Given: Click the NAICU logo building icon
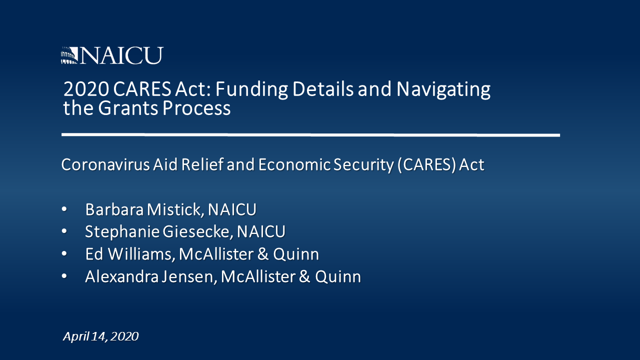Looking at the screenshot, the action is coord(69,55).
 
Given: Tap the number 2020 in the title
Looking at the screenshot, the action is coord(86,89).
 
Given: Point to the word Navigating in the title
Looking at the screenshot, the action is coord(443,89).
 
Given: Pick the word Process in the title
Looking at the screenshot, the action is coord(196,108).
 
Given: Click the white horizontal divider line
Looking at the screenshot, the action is coord(310,135).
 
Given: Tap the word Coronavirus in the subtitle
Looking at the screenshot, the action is coord(105,165).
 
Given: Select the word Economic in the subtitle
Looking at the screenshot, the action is coord(294,165).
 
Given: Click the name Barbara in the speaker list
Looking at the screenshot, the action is coord(114,209).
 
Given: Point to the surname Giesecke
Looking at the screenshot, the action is coord(196,231).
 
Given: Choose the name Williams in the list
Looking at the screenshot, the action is coord(141,254).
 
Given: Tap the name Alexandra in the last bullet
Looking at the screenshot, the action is coord(121,276).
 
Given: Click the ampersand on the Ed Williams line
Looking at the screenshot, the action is coord(263,254).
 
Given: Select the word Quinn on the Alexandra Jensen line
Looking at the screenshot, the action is coord(338,277).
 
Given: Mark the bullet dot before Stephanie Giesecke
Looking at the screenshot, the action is coord(64,231).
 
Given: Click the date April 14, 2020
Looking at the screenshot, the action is coord(101,336).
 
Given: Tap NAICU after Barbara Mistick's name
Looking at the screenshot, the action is coord(232,209).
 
